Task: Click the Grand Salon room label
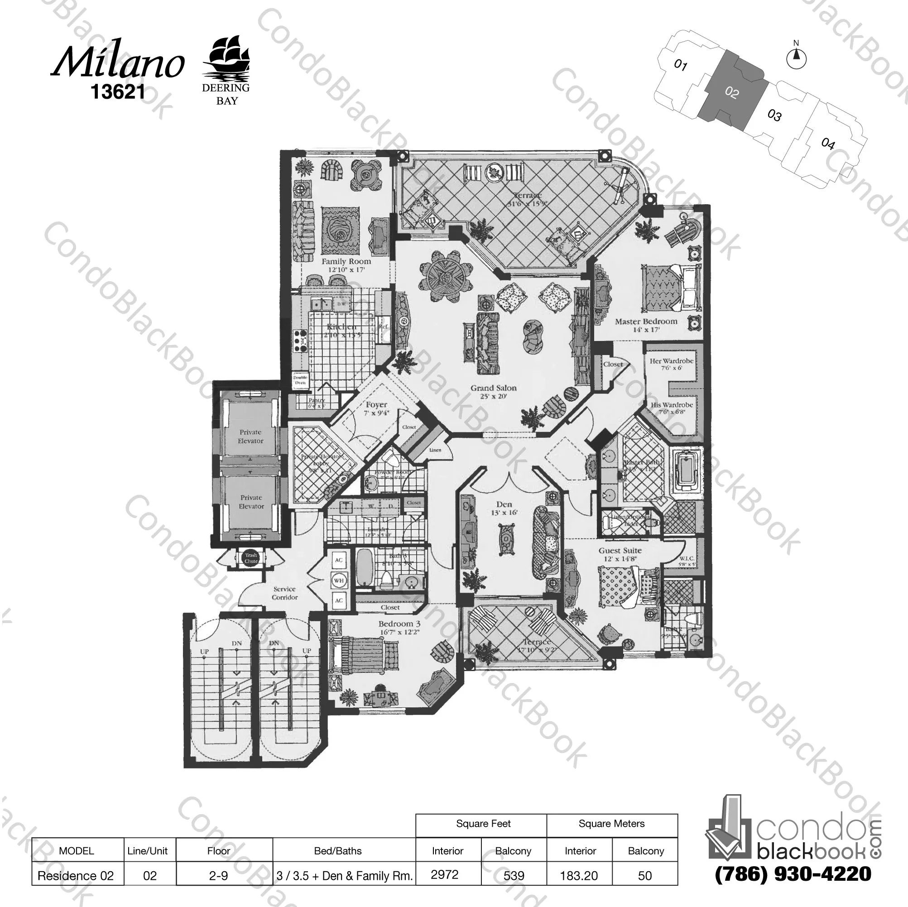click(494, 388)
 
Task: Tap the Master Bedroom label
click(646, 322)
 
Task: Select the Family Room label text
click(346, 262)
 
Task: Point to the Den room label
click(504, 504)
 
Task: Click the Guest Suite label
click(620, 551)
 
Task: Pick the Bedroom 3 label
click(399, 624)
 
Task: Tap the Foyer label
click(376, 405)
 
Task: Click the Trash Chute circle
click(251, 558)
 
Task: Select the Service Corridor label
click(284, 593)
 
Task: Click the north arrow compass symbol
click(796, 59)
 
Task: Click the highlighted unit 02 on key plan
click(732, 92)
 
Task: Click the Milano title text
click(117, 63)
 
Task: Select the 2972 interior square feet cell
click(444, 874)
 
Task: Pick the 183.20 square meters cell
click(579, 875)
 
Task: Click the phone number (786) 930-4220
click(793, 873)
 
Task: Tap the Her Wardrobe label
click(672, 361)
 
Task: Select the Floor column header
click(219, 850)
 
